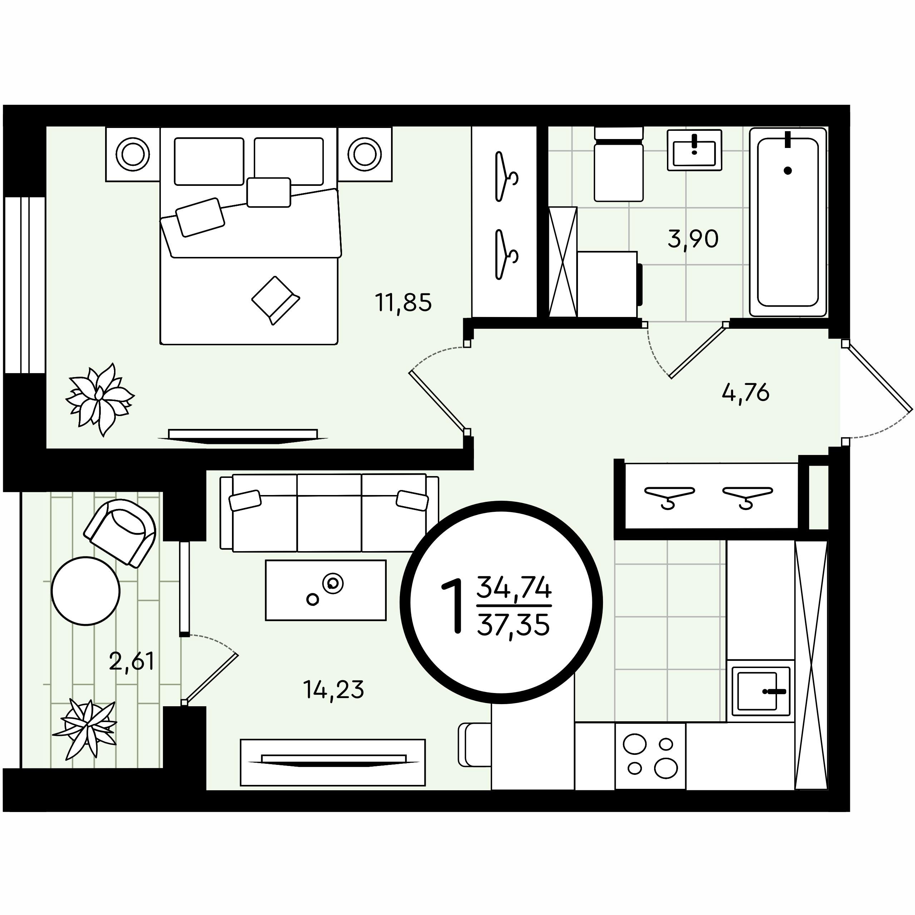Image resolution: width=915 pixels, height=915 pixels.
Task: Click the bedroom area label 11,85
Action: (404, 303)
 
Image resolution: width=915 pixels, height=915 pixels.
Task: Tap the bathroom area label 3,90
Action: (693, 239)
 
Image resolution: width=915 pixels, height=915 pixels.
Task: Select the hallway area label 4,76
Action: (746, 392)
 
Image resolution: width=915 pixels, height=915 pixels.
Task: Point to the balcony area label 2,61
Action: (132, 661)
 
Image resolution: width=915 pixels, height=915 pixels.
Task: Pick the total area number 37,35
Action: (514, 625)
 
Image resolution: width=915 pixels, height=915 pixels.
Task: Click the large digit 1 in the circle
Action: (452, 606)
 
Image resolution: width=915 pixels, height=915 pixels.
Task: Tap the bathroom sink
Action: (694, 150)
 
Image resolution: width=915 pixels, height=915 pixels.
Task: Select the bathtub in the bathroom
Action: (788, 222)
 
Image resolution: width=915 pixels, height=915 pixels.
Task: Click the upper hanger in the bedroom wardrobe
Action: (505, 176)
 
